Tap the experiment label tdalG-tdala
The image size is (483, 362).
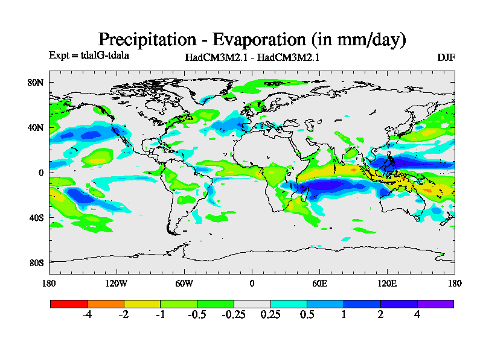[103, 56]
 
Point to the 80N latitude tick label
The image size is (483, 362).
[37, 83]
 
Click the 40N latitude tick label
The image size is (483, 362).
[37, 128]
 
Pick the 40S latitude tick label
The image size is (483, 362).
[37, 218]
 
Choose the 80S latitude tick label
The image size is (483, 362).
[37, 263]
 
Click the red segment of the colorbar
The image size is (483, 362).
[69, 303]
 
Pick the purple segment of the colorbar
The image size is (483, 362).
[435, 303]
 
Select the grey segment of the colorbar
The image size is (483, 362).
[252, 303]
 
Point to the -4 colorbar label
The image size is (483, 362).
[87, 315]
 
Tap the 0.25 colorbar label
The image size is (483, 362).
[270, 315]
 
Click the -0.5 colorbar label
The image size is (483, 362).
[197, 315]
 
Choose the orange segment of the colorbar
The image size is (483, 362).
[106, 303]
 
